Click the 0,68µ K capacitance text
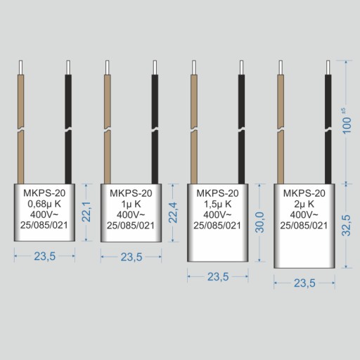[x=44, y=204]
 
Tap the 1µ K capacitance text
[x=131, y=204]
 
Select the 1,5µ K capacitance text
[x=218, y=204]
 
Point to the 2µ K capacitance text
[x=304, y=204]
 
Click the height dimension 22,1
[x=86, y=212]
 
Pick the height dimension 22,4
[x=173, y=212]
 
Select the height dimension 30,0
[x=259, y=222]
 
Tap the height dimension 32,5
[x=347, y=225]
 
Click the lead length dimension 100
[x=347, y=125]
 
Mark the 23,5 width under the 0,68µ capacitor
[x=45, y=256]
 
